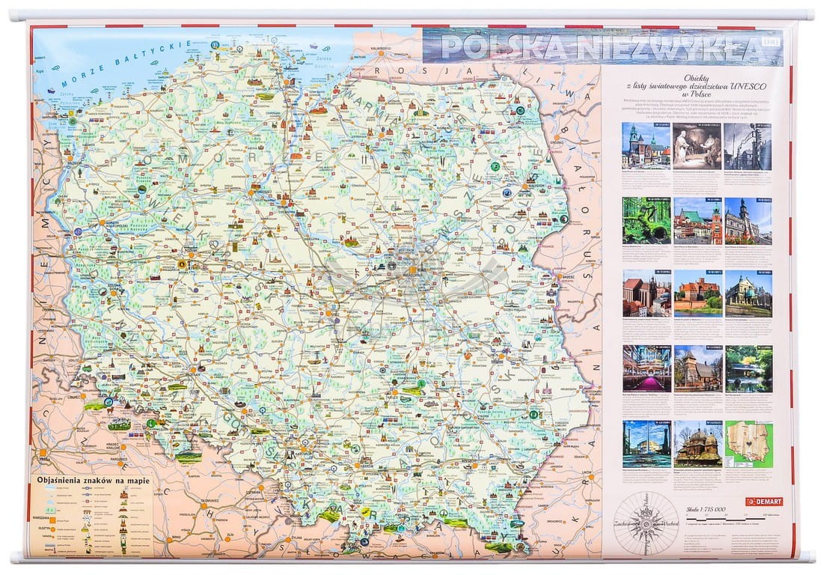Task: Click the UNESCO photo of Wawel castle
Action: point(646,145)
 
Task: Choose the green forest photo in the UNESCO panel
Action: point(646,221)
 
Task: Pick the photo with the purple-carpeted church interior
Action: point(646,368)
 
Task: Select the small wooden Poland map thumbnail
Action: point(747,444)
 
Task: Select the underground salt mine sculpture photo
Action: point(697,145)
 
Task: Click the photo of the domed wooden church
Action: point(697,444)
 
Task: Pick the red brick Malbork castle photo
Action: point(697,293)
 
